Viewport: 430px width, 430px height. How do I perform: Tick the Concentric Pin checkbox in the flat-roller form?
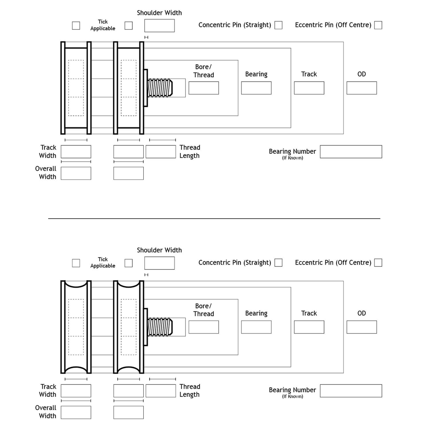tap(278, 25)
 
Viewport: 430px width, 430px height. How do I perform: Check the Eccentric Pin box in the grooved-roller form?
tap(378, 263)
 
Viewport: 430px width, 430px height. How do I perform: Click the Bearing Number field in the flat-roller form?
tap(351, 152)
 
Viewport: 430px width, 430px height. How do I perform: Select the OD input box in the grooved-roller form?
tap(361, 327)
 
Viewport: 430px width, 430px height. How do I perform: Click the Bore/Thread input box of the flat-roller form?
tap(204, 88)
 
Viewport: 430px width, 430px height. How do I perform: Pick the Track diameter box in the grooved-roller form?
tap(309, 327)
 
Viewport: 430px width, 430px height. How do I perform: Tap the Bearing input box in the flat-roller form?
tap(256, 88)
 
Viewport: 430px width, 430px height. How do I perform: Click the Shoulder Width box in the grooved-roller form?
tap(159, 263)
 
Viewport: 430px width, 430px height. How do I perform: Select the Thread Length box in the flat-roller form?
tap(161, 152)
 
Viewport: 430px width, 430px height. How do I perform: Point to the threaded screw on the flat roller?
tap(160, 88)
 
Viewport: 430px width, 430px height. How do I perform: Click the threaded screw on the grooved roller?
tap(160, 327)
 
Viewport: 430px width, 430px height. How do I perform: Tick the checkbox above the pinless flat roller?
tap(76, 26)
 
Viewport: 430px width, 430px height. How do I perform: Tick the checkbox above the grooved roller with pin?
tap(129, 263)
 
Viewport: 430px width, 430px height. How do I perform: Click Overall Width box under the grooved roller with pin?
tap(128, 413)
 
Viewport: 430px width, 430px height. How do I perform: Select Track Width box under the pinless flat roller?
tap(76, 152)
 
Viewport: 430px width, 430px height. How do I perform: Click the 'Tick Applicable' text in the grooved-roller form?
tap(103, 262)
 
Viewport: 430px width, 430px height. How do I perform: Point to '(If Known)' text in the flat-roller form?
tap(292, 158)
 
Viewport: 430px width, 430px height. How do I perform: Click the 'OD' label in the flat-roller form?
tap(361, 74)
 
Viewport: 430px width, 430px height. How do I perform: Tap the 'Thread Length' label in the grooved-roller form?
tap(189, 390)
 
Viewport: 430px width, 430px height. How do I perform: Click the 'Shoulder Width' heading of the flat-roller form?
tap(159, 13)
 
